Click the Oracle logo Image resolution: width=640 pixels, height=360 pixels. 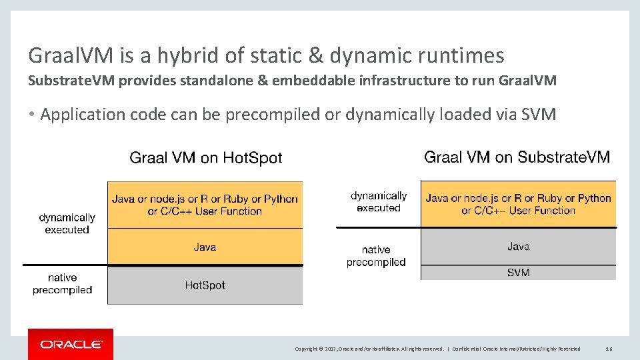tap(71, 344)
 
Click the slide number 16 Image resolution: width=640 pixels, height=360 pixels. tap(608, 349)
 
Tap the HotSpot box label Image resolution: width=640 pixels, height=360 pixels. tap(205, 285)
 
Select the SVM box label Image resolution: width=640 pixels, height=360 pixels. tap(518, 272)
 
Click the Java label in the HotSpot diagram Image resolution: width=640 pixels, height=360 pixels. tap(205, 247)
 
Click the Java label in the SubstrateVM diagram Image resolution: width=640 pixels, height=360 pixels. tap(518, 247)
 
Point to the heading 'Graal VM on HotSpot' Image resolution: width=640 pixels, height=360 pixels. tap(205, 158)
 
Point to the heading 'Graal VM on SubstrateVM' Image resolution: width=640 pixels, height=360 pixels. tap(517, 157)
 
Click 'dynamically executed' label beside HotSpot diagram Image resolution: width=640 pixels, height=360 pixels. tap(67, 223)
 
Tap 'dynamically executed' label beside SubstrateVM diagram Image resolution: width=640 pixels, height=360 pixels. tap(379, 201)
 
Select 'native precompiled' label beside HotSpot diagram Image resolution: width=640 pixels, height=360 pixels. tap(62, 283)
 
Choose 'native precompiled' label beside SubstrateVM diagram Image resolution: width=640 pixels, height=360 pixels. tap(376, 256)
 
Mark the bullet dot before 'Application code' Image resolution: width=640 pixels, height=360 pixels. tap(31, 115)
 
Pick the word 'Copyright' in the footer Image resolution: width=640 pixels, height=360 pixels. tap(307, 349)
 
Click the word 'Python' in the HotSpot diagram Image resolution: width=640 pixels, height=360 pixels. tap(281, 199)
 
